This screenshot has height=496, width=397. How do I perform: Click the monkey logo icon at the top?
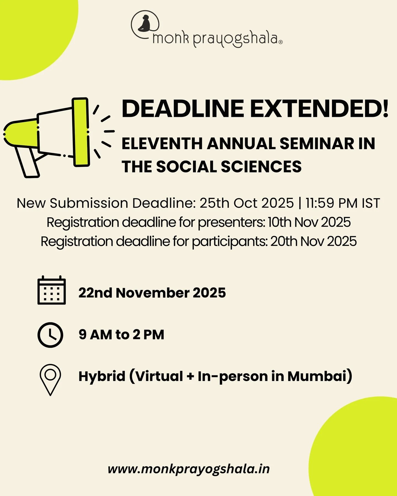[145, 24]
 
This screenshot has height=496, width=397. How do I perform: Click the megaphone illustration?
[55, 136]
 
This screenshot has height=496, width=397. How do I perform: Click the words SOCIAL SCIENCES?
[229, 167]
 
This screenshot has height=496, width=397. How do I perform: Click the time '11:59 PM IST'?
[343, 203]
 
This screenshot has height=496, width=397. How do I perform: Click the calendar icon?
[52, 290]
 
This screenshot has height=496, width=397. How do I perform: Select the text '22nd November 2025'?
[152, 293]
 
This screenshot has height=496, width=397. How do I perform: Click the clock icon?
[50, 335]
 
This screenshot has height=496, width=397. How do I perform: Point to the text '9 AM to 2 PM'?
[121, 335]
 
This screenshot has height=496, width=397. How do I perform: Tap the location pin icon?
[50, 379]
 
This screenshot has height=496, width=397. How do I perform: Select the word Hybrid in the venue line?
[102, 376]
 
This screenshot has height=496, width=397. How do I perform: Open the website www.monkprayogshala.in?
[189, 469]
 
